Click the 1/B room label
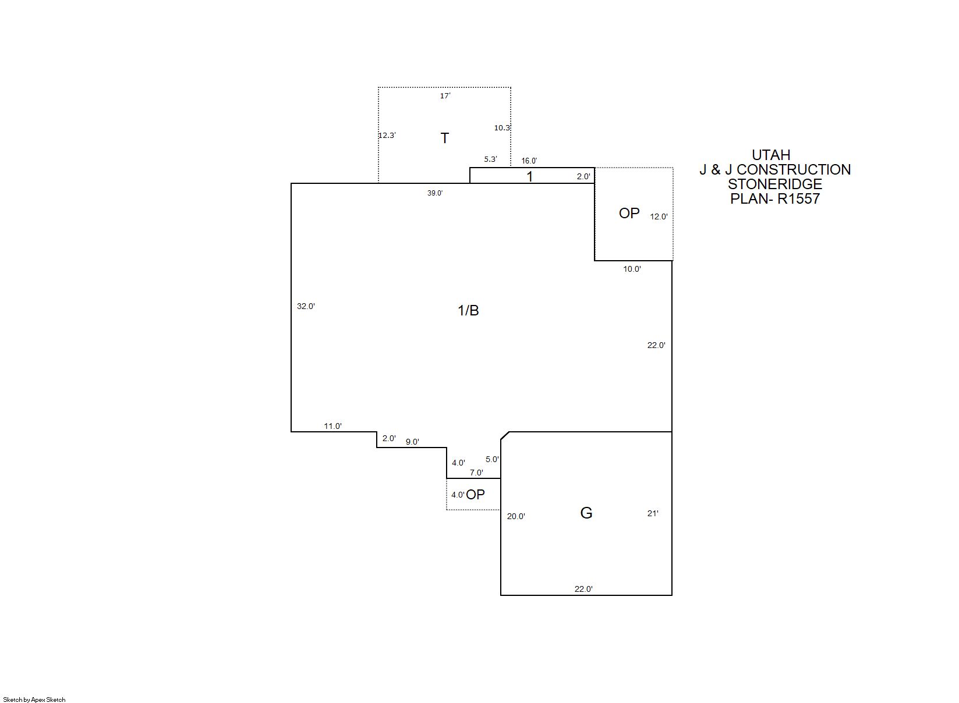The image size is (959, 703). [468, 310]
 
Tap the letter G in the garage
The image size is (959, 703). [586, 513]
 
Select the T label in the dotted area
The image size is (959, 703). [445, 138]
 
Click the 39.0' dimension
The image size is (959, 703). [435, 193]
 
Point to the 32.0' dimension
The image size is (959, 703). [306, 306]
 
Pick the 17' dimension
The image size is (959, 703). [445, 96]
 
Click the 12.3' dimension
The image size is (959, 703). [387, 135]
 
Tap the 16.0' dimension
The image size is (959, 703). [529, 161]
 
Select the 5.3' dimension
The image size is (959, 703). [491, 159]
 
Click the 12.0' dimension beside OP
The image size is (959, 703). [659, 216]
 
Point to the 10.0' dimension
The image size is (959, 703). [632, 269]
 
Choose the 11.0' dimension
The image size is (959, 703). [332, 426]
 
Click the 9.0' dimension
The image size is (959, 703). [412, 442]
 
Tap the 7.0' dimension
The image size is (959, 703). [476, 473]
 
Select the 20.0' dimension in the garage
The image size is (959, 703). [516, 516]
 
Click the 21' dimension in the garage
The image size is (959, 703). [653, 513]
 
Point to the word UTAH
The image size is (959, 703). [771, 155]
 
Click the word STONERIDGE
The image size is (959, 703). [775, 184]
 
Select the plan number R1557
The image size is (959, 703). [798, 198]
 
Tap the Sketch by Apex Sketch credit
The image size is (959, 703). [34, 700]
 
